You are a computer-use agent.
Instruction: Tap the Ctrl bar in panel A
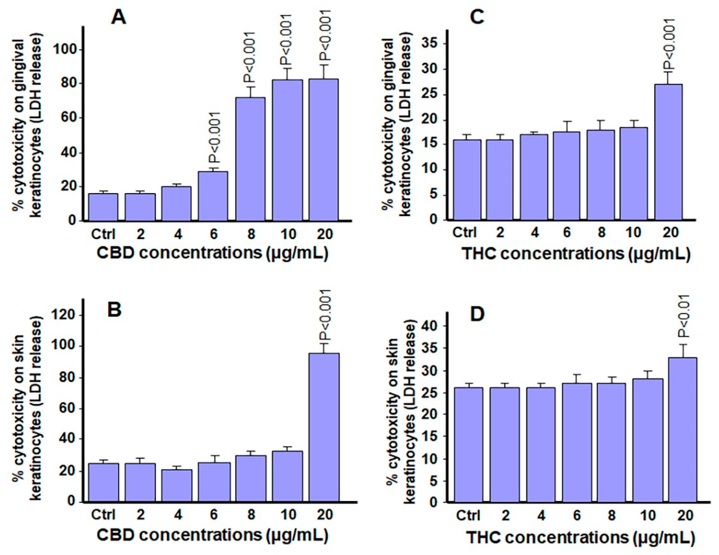click(103, 207)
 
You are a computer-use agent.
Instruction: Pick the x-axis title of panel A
click(212, 254)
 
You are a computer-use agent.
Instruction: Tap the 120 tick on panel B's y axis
click(66, 315)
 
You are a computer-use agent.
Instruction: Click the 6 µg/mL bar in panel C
click(566, 176)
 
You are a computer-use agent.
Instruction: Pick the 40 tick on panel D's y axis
click(433, 326)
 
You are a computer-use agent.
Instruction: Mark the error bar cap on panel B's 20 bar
click(324, 344)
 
